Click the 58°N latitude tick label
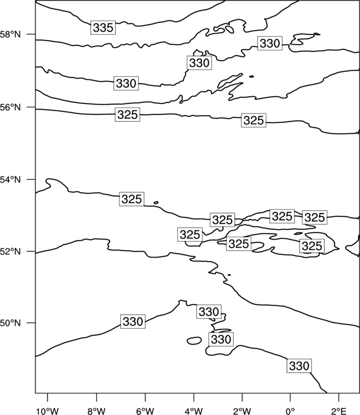[11, 34]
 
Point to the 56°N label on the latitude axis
[11, 107]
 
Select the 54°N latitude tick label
[11, 180]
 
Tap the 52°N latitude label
[11, 251]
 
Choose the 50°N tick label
[11, 323]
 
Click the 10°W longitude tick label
[48, 411]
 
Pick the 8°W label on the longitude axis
[96, 411]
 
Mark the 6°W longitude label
[145, 411]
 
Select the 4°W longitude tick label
[194, 411]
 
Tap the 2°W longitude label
[242, 411]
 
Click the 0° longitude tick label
[290, 411]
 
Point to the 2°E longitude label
[339, 411]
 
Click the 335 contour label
[103, 27]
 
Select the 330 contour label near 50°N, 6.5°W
[133, 321]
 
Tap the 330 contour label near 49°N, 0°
[299, 366]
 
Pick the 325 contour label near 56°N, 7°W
[127, 115]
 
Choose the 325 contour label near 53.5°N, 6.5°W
[132, 199]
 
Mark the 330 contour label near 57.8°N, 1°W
[270, 43]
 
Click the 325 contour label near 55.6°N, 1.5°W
[254, 120]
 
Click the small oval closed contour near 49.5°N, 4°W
[194, 341]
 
